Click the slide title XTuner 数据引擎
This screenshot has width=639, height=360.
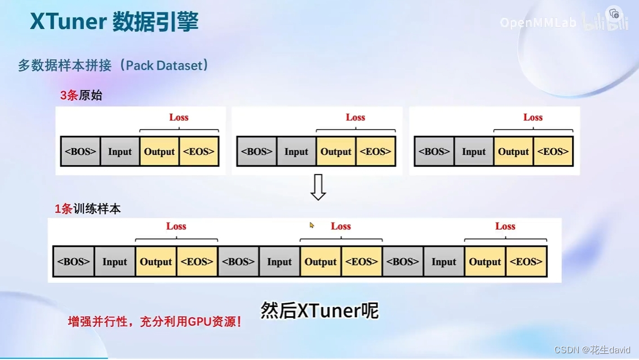114,22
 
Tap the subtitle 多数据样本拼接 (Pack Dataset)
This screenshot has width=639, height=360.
114,65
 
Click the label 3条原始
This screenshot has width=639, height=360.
81,95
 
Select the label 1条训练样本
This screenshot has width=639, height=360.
88,209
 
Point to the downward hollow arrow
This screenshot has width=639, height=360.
318,187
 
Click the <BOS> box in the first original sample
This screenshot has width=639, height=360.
81,152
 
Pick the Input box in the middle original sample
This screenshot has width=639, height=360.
296,152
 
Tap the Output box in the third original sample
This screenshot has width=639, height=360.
513,152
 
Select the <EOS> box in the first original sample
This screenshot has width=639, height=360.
199,152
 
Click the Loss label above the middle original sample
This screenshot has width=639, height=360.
355,117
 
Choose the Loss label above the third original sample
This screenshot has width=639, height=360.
532,117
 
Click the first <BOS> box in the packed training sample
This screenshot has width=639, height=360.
74,261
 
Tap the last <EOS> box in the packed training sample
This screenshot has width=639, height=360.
526,261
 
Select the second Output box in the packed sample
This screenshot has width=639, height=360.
321,261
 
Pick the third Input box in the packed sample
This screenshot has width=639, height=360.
443,261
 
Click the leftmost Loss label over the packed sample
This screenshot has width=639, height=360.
176,226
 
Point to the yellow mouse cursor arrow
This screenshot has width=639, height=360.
312,225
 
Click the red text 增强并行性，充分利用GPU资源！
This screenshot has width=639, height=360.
155,322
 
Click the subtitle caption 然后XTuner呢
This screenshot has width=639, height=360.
319,310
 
